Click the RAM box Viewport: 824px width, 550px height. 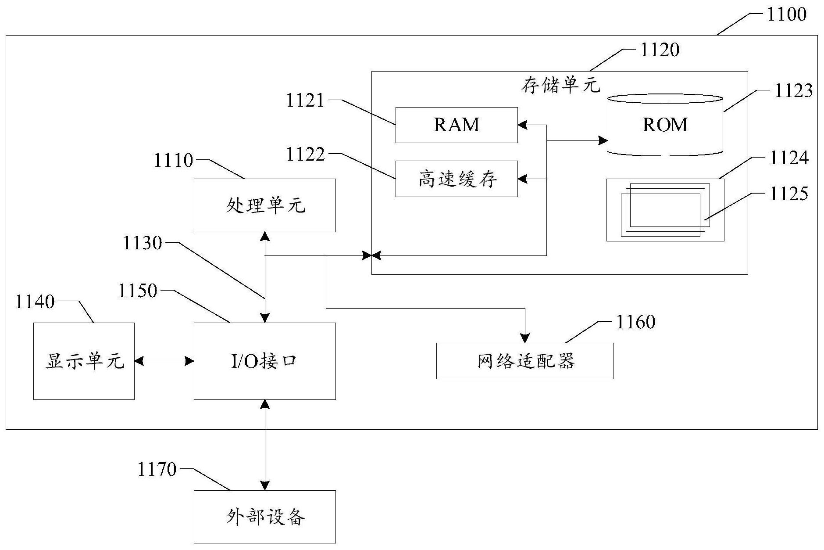click(x=457, y=125)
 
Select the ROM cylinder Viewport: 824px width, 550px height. click(x=665, y=125)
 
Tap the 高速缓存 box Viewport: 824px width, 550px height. click(x=457, y=179)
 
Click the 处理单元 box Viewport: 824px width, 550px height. click(x=265, y=205)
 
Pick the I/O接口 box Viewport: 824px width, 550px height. click(x=265, y=361)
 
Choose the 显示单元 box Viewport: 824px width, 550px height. click(x=84, y=361)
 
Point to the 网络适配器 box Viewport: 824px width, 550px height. click(x=525, y=361)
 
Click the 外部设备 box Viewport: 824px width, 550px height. click(x=265, y=517)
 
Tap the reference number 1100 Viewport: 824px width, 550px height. click(x=786, y=14)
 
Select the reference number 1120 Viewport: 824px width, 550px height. click(x=660, y=50)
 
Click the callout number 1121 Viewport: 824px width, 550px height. click(x=305, y=101)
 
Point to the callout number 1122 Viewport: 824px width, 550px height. click(x=305, y=155)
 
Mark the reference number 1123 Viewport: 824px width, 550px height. click(x=793, y=91)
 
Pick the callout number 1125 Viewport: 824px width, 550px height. click(x=789, y=194)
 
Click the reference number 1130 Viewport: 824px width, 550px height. click(x=142, y=243)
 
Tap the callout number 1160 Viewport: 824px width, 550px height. click(x=635, y=322)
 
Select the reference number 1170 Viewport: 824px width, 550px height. click(x=157, y=470)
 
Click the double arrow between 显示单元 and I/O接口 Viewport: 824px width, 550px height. click(x=164, y=361)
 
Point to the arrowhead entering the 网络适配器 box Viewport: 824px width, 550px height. click(x=525, y=338)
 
